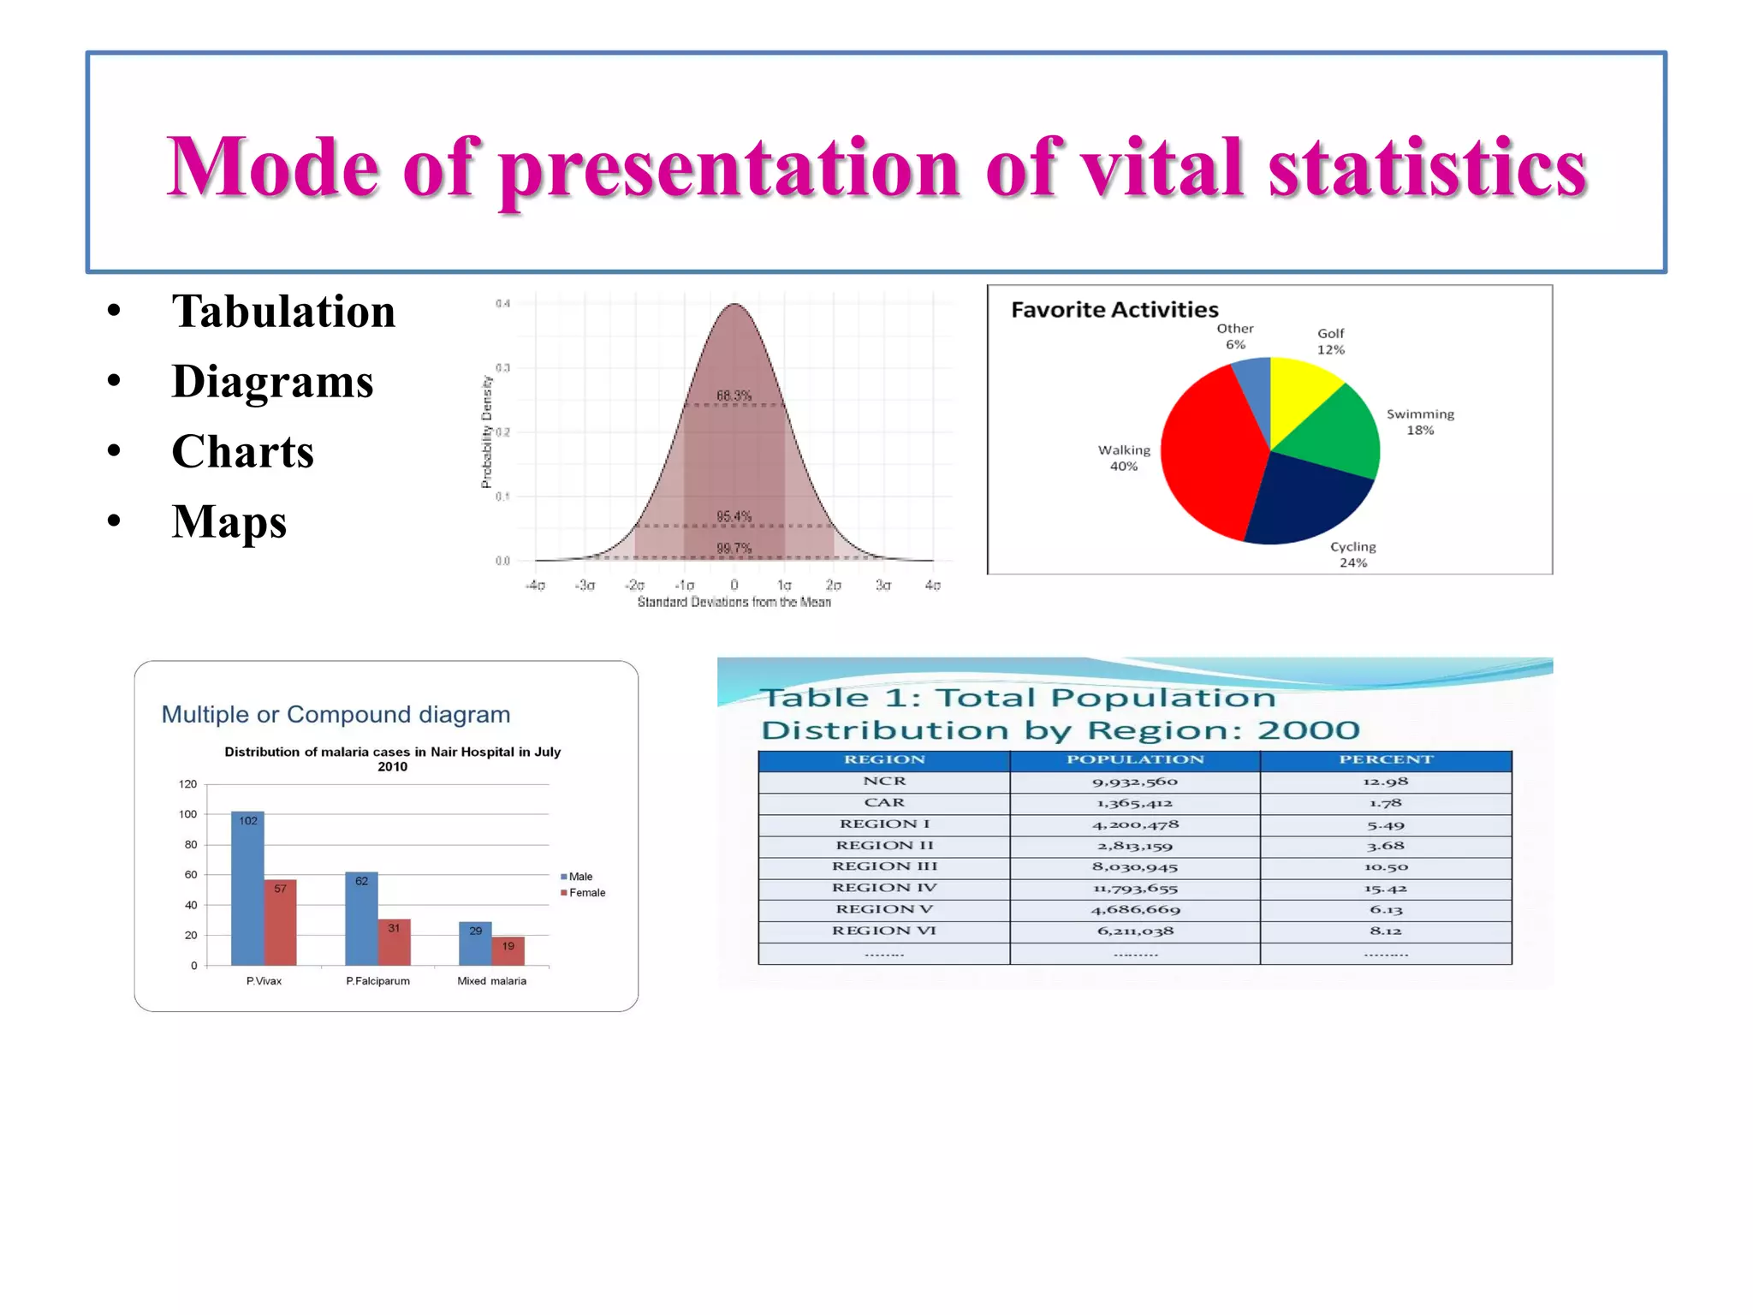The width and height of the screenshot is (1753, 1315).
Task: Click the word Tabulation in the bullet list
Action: (282, 312)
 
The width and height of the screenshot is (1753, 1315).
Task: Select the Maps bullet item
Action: (229, 522)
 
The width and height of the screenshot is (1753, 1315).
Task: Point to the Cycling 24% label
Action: (1352, 555)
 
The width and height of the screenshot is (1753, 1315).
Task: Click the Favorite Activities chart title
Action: (1114, 310)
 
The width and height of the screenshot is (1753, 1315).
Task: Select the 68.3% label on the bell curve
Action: (734, 396)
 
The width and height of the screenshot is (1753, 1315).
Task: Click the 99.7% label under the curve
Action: (734, 548)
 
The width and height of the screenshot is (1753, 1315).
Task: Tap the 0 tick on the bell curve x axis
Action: (734, 586)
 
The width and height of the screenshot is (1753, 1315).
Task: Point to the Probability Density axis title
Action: (486, 432)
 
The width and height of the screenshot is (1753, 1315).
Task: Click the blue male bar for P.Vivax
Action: (247, 890)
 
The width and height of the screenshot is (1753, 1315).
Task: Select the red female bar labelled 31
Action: (394, 942)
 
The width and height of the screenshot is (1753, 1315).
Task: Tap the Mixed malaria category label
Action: (491, 981)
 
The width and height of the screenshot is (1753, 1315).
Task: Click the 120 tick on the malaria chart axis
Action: (187, 784)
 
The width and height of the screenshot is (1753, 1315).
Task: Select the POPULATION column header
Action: (1134, 760)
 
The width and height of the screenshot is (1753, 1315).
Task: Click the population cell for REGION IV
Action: (1134, 889)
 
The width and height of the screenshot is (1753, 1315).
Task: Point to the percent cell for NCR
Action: (1385, 782)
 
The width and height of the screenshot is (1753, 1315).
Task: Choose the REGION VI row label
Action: (883, 931)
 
